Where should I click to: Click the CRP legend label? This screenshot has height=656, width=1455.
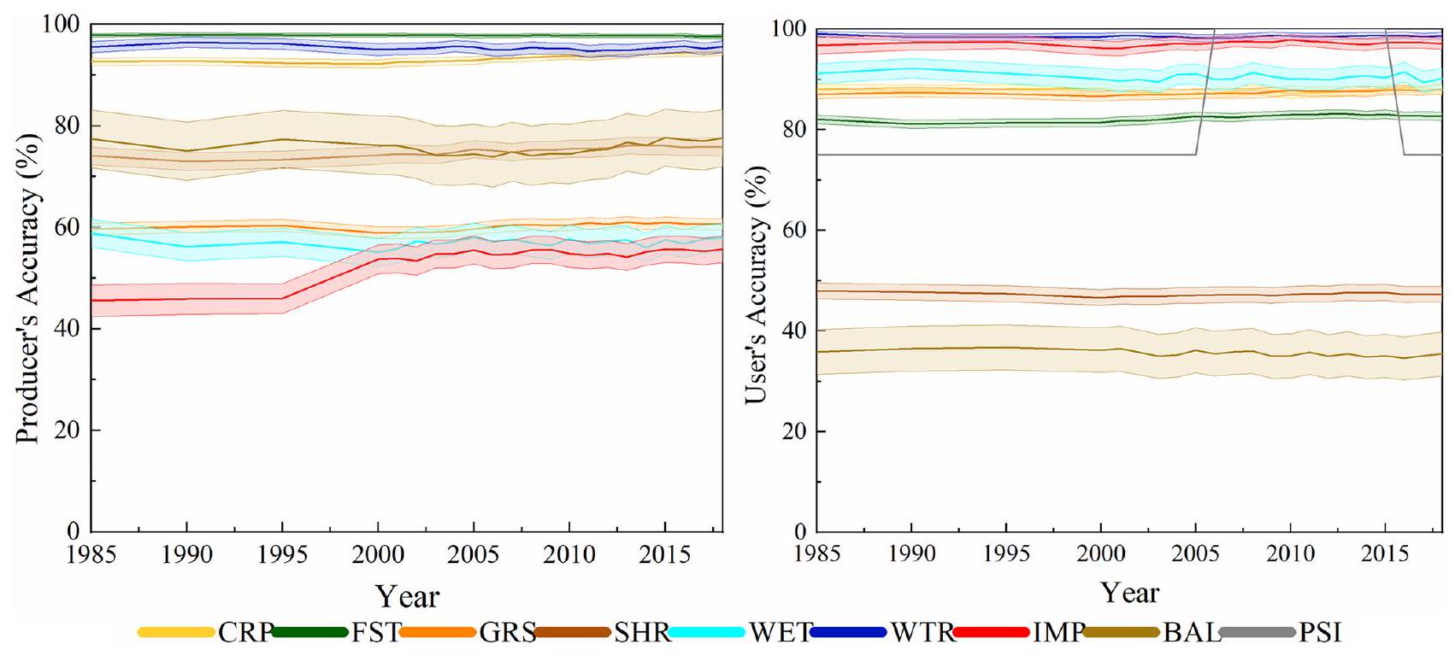[x=244, y=633]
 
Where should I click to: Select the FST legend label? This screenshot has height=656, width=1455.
[x=375, y=633]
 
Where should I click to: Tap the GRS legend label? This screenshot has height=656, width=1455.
[x=507, y=633]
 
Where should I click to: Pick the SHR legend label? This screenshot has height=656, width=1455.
[x=642, y=633]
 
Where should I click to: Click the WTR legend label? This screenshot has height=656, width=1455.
[x=922, y=633]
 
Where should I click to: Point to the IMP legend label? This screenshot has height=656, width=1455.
[x=1058, y=633]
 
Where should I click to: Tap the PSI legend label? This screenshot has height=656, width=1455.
[x=1320, y=633]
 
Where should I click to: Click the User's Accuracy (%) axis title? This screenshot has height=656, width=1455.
[x=756, y=284]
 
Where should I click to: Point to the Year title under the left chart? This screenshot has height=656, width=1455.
[x=407, y=595]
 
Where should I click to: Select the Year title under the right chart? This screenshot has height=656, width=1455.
[x=1129, y=592]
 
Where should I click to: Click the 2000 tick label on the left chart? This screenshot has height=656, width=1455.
[x=378, y=554]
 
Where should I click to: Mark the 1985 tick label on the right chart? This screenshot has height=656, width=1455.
[x=817, y=553]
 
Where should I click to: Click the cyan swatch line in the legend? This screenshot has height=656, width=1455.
[x=706, y=633]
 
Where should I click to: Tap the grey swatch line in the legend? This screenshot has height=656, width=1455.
[x=1257, y=633]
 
